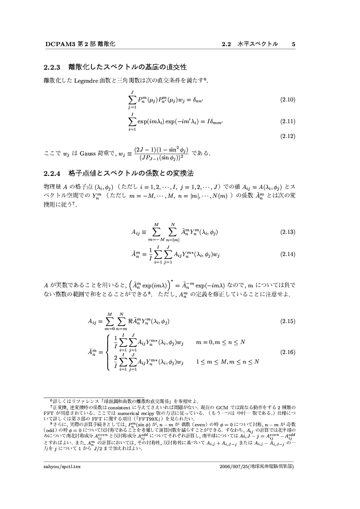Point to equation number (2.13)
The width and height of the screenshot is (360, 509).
[288, 232]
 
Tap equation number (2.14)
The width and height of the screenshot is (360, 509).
[288, 254]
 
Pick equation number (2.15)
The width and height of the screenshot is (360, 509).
[288, 321]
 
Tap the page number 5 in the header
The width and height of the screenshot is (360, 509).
[294, 44]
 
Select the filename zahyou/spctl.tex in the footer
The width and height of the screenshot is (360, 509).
[62, 466]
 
